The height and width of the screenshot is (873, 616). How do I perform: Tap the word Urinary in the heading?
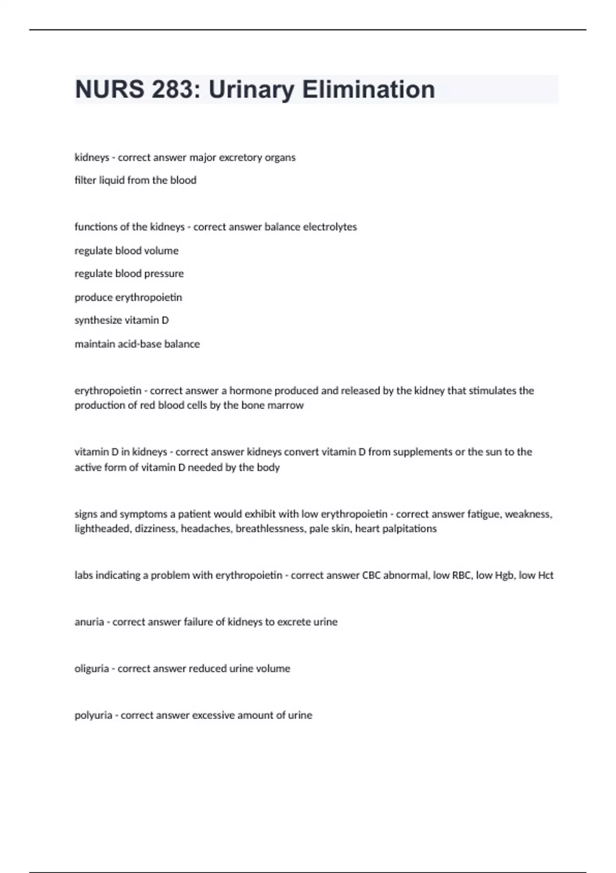coord(251,89)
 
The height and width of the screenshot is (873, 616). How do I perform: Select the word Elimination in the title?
coord(368,89)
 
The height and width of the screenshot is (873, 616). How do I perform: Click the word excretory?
coord(240,157)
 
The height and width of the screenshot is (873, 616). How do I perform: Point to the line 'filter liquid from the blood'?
coord(136,180)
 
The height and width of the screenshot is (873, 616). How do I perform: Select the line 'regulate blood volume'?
coord(127,251)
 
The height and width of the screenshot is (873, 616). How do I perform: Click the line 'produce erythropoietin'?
coord(128,297)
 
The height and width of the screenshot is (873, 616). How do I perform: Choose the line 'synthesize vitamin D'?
coord(122,320)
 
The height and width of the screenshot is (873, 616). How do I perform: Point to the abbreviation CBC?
coord(372,576)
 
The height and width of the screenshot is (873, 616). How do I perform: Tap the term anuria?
coord(89,622)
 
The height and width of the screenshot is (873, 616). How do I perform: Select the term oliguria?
coord(92,669)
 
